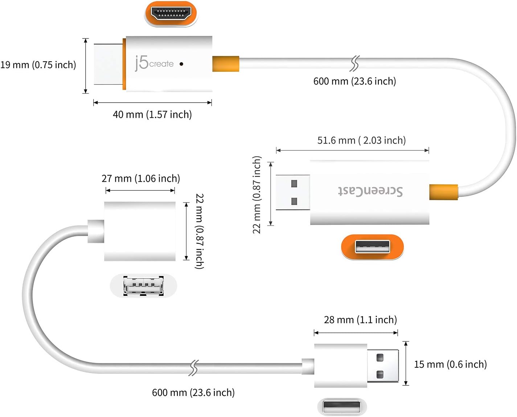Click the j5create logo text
pos(154,63)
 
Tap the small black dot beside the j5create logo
pos(181,64)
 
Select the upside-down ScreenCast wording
pos(370,191)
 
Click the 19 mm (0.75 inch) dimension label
pos(38,65)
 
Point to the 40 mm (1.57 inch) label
pos(152,114)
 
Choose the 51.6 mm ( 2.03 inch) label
pos(362,140)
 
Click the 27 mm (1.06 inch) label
pos(141,178)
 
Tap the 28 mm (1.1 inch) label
pos(360,320)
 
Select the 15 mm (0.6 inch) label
pos(451,364)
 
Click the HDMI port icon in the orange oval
pos(171,13)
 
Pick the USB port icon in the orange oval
pos(372,247)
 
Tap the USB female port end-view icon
pos(143,286)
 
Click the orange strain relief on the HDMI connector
pos(226,64)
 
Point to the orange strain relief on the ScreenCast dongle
pos(443,192)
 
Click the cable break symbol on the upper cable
pos(354,63)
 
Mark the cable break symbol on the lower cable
pos(193,368)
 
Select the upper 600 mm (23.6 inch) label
pos(354,81)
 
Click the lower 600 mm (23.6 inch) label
pos(193,392)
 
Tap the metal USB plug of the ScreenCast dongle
pos(293,193)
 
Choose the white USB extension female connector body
pos(140,231)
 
